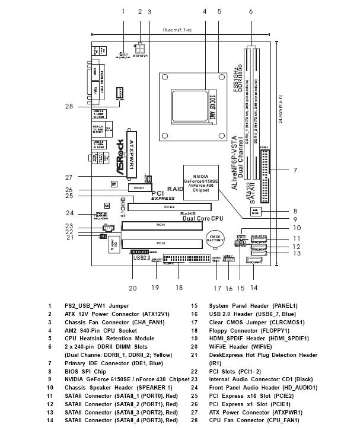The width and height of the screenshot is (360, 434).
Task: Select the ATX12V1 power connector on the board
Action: click(140, 46)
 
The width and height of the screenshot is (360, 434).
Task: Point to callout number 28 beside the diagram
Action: click(69, 106)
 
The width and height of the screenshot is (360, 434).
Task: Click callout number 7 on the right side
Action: click(295, 170)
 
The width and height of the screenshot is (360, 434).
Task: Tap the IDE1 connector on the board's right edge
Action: click(264, 174)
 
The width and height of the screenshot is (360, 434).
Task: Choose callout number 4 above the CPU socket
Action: click(204, 11)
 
